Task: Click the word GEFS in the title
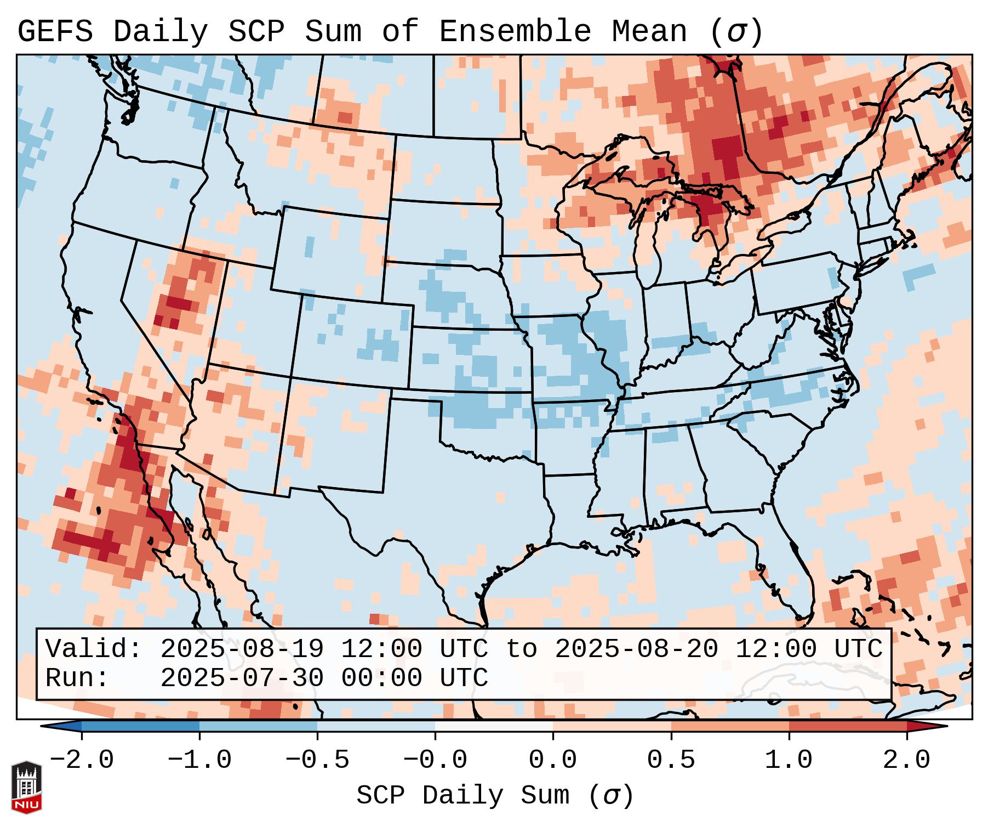click(x=55, y=32)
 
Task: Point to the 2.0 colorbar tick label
click(x=907, y=760)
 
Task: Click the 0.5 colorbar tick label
click(x=671, y=760)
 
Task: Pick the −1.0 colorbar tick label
click(x=199, y=760)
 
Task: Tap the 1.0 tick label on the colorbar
click(x=789, y=760)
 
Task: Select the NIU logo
click(x=26, y=787)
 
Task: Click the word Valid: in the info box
click(x=94, y=649)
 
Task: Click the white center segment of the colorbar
click(x=494, y=726)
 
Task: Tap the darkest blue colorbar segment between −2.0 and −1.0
click(x=140, y=726)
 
